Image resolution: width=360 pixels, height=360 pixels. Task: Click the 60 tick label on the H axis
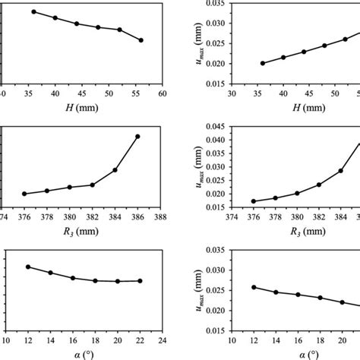(162, 94)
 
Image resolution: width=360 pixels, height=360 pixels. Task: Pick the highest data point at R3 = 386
(137, 137)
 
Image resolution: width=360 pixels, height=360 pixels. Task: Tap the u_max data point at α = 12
(254, 287)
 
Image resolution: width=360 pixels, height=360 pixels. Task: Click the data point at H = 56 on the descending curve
(141, 40)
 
